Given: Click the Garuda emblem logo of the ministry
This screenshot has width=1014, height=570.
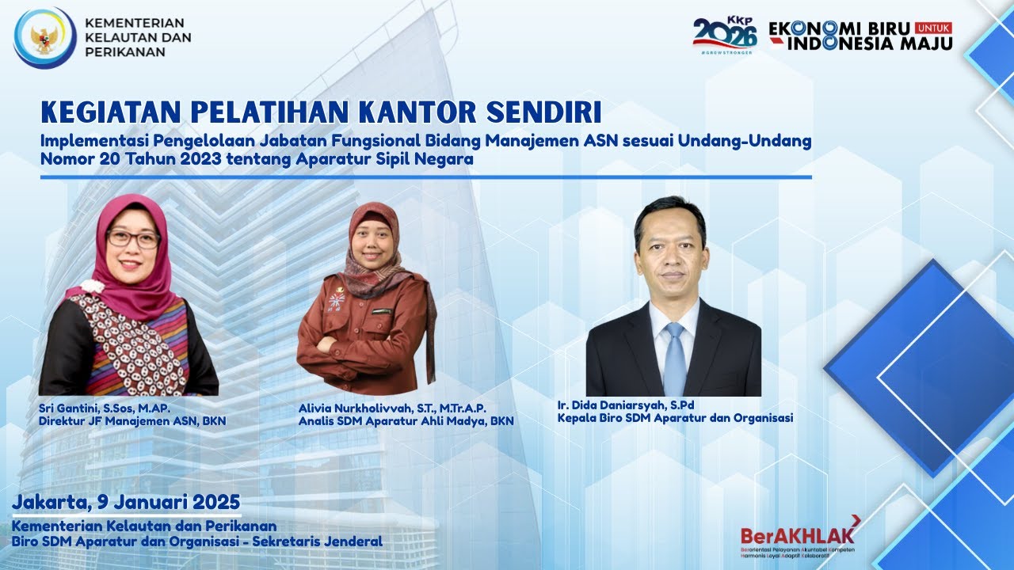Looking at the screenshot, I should [x=44, y=37].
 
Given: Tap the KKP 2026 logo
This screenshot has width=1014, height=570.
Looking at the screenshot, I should [x=725, y=34].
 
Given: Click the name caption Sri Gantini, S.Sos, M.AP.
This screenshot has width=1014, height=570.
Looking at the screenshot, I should [x=105, y=408].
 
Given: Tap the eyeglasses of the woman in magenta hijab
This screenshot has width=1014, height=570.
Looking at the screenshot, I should [x=132, y=237].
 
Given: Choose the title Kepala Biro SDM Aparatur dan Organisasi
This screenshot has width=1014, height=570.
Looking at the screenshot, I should [x=675, y=418].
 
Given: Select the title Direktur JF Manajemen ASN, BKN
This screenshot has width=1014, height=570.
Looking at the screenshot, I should [x=132, y=421].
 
